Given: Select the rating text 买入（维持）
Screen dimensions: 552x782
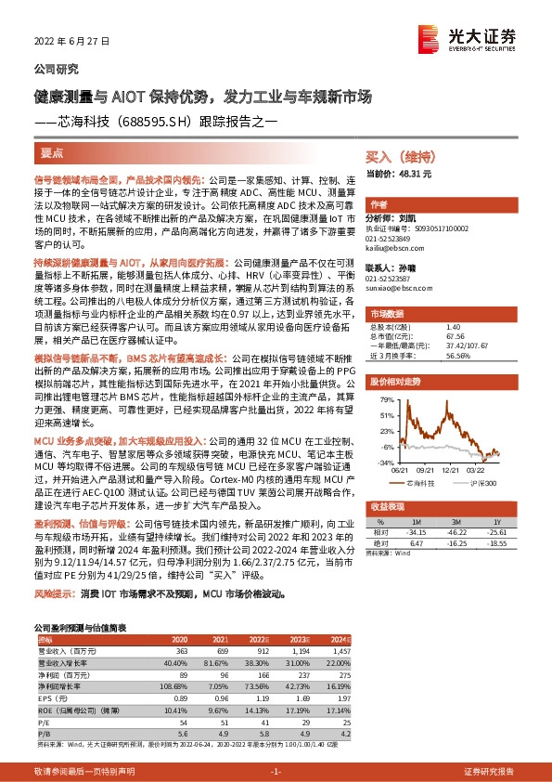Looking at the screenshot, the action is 395,159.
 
